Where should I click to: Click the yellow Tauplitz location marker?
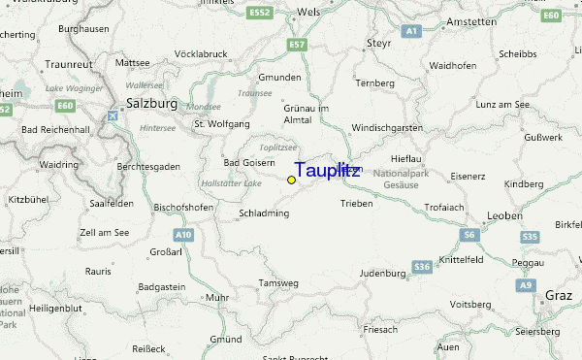[291, 180]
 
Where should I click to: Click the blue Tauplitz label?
[326, 171]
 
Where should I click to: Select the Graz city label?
[560, 295]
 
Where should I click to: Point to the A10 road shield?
[184, 235]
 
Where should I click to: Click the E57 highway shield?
[297, 45]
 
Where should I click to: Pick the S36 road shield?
[421, 266]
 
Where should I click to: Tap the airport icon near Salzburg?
[113, 115]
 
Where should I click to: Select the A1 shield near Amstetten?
[411, 32]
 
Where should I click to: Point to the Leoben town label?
[504, 214]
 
